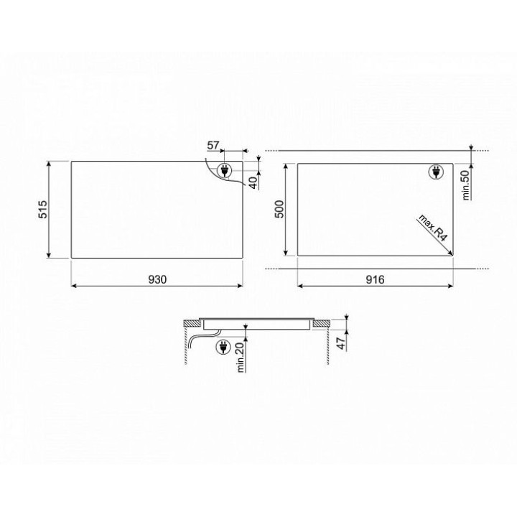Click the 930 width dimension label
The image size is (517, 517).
tap(157, 279)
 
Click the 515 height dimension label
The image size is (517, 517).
tap(43, 210)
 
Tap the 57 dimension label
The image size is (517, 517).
tap(213, 145)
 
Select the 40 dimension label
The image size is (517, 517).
tap(253, 182)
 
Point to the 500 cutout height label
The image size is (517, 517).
tap(279, 209)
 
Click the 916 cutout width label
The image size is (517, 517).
tap(375, 279)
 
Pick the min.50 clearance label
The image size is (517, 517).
tap(465, 185)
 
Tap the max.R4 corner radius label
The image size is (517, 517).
tap(433, 228)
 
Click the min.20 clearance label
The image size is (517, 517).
tap(241, 357)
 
